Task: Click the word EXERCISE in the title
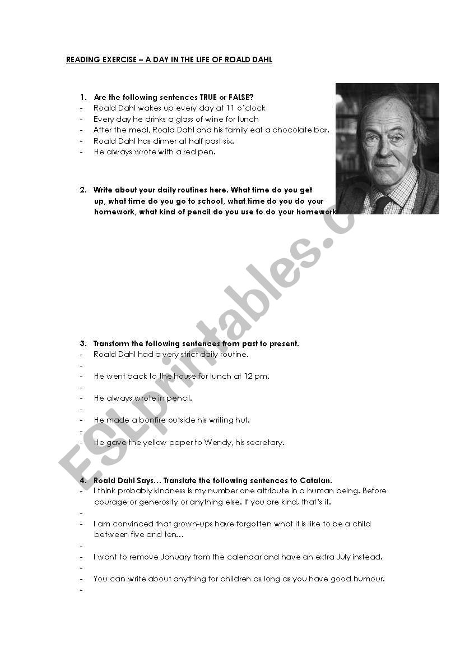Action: [x=117, y=59]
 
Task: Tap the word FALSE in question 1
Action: [x=242, y=97]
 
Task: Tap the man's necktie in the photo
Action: [x=383, y=204]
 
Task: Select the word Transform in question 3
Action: [x=111, y=343]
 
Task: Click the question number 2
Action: [x=82, y=190]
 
